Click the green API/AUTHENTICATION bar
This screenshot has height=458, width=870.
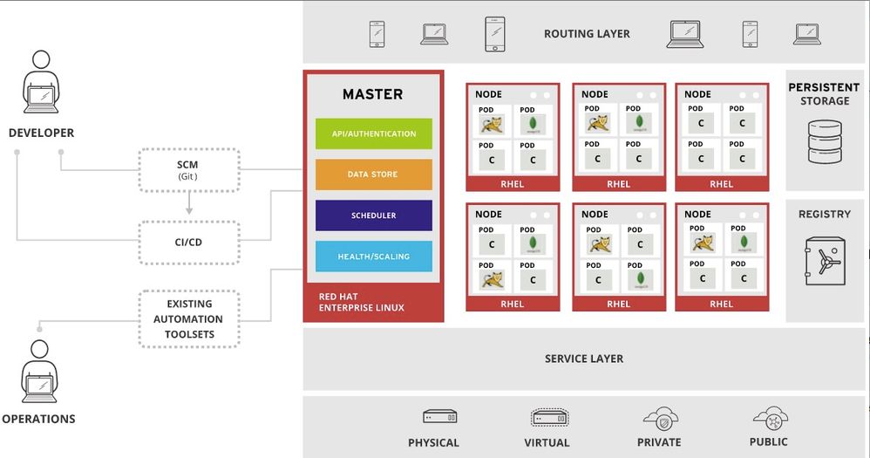pos(373,133)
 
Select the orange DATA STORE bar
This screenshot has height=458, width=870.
pos(373,174)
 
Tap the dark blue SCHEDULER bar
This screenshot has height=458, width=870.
pos(373,215)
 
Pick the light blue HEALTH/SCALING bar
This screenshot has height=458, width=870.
pos(373,256)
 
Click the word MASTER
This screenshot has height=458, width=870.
pos(372,94)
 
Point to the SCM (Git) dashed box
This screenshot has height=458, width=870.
pos(188,169)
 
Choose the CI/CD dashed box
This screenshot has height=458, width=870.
pos(188,242)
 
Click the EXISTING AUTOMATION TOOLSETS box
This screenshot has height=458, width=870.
pos(188,318)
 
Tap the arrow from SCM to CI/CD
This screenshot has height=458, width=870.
pos(188,205)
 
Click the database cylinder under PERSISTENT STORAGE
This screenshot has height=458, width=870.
pos(825,142)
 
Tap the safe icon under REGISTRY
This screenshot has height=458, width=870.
pos(824,260)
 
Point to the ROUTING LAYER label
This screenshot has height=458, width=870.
pos(587,34)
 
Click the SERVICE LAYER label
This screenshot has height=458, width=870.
pos(584,359)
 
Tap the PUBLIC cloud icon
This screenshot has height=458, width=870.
pos(770,416)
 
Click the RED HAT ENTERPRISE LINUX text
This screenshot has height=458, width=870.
pos(361,302)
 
